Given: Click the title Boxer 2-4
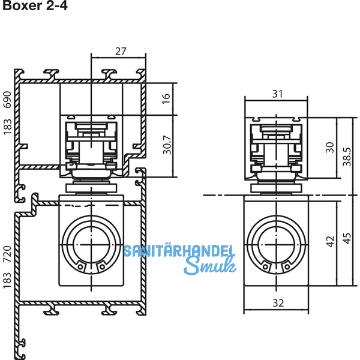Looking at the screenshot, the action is point(35,5).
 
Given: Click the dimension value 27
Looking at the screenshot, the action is point(121,51).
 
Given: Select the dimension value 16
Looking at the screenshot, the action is point(166,99).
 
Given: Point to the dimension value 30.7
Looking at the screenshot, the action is point(167,145).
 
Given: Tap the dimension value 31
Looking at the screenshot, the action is point(277,94).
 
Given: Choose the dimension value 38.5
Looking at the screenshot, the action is point(347,157).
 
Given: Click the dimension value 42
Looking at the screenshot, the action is point(330,242).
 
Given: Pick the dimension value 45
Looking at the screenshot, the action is point(347,238).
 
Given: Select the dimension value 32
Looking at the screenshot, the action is point(278,303).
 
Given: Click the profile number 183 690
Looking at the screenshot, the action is point(7,113).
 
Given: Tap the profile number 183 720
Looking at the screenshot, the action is point(7,267).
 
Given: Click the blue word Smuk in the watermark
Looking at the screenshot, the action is point(209,266).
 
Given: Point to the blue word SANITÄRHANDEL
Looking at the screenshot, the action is point(179,250).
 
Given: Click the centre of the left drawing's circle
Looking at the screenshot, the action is point(91,245).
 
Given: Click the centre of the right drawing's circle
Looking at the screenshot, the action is point(276,245).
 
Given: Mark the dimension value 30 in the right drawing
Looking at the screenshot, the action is point(330,148).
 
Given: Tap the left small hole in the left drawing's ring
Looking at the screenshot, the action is point(80,267).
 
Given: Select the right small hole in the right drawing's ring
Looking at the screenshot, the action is point(287,267).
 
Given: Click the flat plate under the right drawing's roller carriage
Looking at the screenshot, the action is point(276,188).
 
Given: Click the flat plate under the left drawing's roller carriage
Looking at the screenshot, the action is point(91,188).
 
